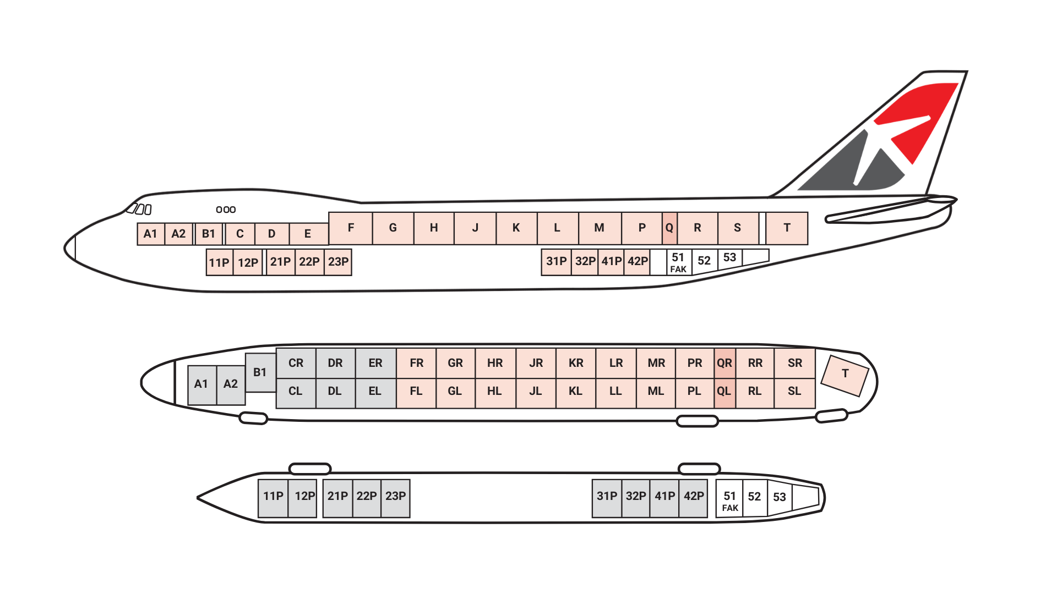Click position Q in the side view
[669, 228]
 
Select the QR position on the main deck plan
[724, 363]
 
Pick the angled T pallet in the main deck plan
[844, 375]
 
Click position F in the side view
[351, 228]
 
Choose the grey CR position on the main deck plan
[296, 363]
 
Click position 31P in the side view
[557, 262]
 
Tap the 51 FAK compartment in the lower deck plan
[729, 499]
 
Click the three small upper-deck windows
[226, 210]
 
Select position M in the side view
[600, 228]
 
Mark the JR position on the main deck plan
[536, 363]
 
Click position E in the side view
[308, 234]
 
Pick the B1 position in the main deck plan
[260, 372]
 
